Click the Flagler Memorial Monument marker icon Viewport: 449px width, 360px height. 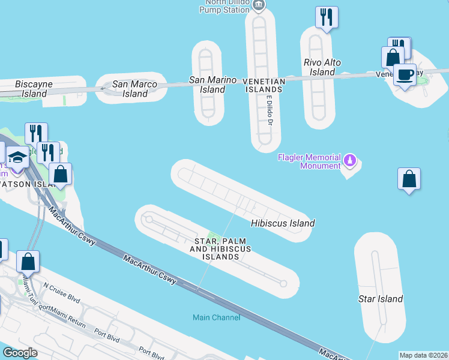(351, 160)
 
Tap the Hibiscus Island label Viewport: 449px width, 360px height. (282, 223)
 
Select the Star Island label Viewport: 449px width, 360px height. (380, 298)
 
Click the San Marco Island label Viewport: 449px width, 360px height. (135, 89)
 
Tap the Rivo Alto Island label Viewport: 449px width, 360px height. (322, 67)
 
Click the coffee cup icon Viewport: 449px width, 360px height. (405, 75)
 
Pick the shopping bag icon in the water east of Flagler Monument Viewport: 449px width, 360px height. (409, 179)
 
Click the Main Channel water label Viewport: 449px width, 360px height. (216, 317)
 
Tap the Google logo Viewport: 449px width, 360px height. (20, 352)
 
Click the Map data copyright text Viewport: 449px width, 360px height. (423, 355)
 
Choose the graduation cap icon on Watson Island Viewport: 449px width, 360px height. (17, 157)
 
